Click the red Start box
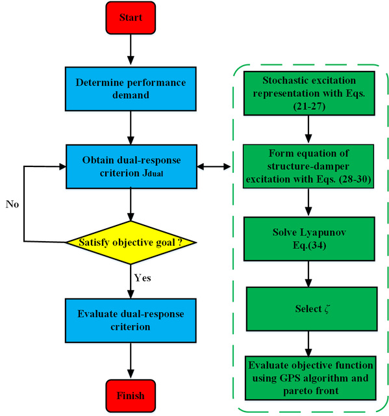click(131, 18)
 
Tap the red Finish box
click(131, 396)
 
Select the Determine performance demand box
click(131, 89)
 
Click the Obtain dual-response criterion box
click(131, 166)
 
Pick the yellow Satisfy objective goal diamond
click(131, 242)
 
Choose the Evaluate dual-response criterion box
click(131, 320)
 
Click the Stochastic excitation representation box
click(309, 93)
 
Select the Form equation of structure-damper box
click(308, 166)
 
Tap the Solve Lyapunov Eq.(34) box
click(309, 239)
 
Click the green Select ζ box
click(312, 309)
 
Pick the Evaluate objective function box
click(310, 378)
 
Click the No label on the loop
click(12, 204)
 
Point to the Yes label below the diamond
click(143, 278)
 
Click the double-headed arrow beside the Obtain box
click(214, 166)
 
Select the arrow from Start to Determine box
click(131, 49)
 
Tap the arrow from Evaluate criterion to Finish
click(131, 361)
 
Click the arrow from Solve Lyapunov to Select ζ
click(308, 274)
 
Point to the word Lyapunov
click(323, 233)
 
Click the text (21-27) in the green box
click(309, 107)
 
